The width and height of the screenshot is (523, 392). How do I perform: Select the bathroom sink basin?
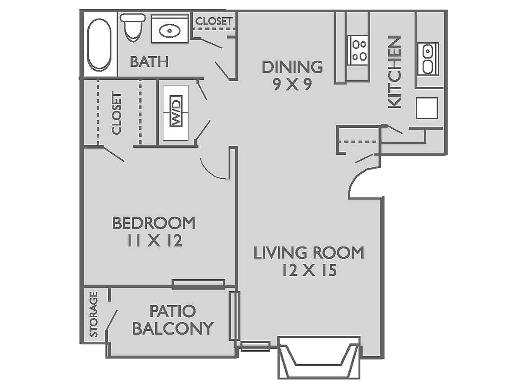[x=170, y=31]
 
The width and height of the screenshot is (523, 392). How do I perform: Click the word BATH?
[x=149, y=61]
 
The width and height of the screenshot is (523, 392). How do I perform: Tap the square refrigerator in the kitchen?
[x=427, y=108]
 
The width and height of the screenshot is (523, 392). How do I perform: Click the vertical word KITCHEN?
[x=394, y=72]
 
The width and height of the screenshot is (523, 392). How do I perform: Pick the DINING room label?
[x=292, y=67]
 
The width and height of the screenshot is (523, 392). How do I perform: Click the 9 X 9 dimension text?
[x=292, y=85]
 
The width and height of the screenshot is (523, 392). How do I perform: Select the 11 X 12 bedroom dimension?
[x=154, y=241]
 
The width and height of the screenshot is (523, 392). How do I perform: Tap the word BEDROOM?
[x=154, y=223]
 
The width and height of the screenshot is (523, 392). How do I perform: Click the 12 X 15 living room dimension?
[x=308, y=270]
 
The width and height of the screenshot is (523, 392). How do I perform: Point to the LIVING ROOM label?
[x=308, y=253]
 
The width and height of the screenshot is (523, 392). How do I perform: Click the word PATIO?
[x=172, y=311]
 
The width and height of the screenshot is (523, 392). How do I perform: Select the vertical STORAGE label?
[x=94, y=314]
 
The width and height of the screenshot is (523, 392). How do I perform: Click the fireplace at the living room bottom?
[x=319, y=356]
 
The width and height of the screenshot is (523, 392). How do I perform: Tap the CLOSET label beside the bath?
[x=213, y=21]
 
